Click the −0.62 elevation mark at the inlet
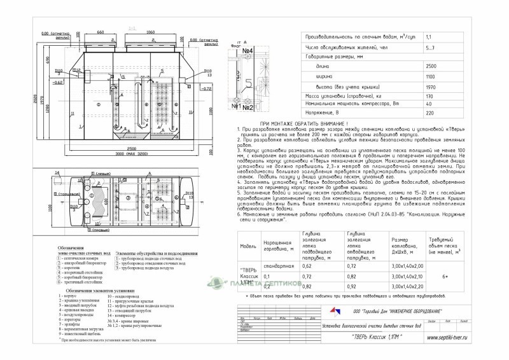coord(57,83)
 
